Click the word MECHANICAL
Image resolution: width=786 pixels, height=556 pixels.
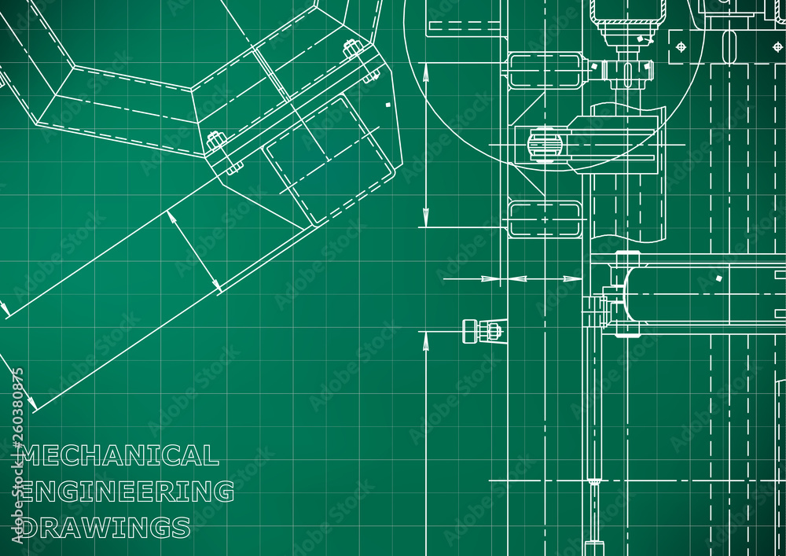[119, 455]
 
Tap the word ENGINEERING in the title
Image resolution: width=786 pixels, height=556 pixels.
[127, 492]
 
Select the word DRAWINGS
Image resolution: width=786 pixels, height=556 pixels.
[105, 528]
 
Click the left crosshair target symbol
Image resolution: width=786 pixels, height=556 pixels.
[681, 47]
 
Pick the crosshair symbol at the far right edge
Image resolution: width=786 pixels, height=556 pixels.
[777, 47]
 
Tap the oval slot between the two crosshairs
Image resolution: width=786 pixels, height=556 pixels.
[729, 47]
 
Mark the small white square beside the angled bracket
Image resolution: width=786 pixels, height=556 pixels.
[387, 105]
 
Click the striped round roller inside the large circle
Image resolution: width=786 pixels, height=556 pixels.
[542, 145]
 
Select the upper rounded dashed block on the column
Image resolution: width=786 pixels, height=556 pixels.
[545, 70]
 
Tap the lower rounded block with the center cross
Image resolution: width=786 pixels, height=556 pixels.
[545, 219]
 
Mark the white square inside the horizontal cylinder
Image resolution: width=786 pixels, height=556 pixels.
[719, 278]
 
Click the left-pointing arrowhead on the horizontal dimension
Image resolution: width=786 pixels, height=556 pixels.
[516, 278]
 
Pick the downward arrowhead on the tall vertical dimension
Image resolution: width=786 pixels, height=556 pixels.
[425, 216]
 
